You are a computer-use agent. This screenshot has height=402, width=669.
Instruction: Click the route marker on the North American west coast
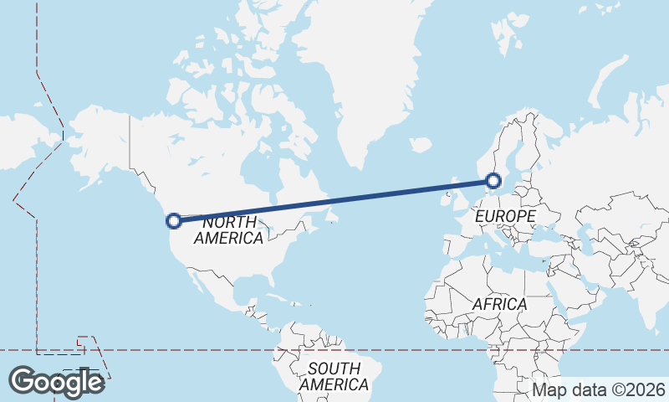tap(174, 221)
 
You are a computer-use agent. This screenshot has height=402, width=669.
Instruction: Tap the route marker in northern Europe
tap(493, 180)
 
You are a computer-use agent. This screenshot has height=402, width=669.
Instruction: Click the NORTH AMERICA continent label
tap(228, 230)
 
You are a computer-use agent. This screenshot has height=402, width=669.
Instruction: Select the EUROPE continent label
tap(504, 217)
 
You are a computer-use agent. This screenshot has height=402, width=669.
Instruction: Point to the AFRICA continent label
tap(499, 304)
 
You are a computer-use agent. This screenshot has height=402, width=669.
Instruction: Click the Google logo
tap(56, 382)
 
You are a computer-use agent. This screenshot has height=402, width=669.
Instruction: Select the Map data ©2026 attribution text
tap(599, 389)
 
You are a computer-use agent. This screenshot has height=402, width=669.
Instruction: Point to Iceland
tap(421, 145)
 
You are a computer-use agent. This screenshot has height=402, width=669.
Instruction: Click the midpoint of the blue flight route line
tap(334, 201)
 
